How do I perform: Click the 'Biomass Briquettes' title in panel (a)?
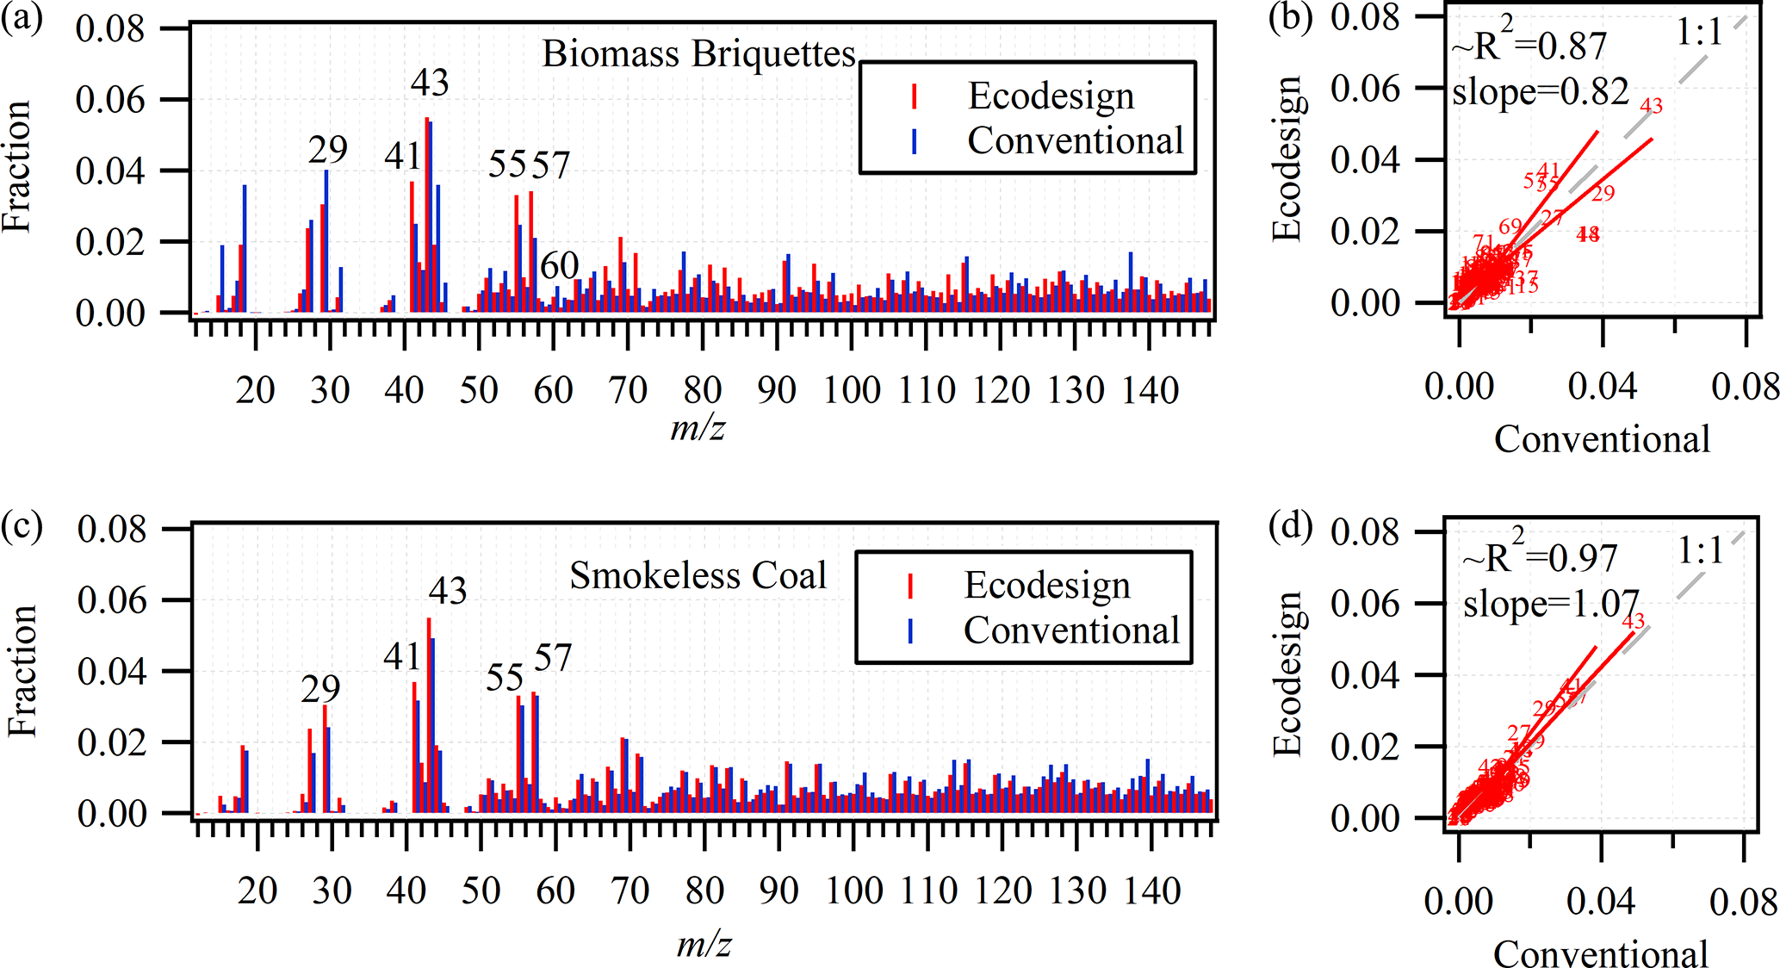point(698,54)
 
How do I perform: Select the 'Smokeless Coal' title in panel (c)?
point(698,575)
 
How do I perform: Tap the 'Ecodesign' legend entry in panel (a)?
point(1051,96)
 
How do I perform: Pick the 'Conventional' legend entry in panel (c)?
point(1071,630)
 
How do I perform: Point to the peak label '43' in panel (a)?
point(430,83)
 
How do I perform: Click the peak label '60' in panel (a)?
point(559,265)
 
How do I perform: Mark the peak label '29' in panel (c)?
point(320,689)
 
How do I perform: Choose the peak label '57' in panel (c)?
point(553,659)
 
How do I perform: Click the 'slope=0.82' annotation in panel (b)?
point(1540,91)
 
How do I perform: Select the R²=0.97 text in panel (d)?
point(1540,557)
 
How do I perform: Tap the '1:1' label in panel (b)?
point(1698,33)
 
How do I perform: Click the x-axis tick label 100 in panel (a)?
point(852,391)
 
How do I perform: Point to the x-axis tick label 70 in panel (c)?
point(630,890)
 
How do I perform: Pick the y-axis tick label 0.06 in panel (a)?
point(109,100)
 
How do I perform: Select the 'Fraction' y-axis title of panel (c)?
point(22,671)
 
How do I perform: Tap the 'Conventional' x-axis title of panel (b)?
point(1602,440)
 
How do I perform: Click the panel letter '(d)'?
point(1291,526)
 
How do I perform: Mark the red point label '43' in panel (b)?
point(1651,106)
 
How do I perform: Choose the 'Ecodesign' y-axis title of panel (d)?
point(1287,673)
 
